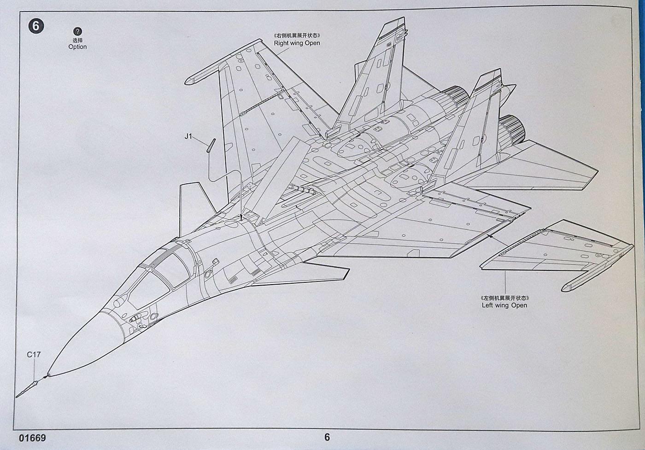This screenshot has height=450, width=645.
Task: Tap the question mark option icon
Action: (77, 31)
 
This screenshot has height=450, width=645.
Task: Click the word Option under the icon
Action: (77, 47)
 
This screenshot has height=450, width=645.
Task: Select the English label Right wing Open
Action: (297, 43)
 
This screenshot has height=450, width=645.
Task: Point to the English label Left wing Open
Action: (504, 305)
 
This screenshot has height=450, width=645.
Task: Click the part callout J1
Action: (188, 136)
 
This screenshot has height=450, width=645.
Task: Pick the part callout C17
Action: (34, 355)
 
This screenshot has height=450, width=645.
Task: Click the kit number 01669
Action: (33, 437)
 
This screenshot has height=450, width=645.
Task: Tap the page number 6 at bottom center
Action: (327, 437)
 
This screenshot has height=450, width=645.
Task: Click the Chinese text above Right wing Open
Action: (297, 35)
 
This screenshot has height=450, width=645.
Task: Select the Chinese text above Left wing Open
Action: (504, 298)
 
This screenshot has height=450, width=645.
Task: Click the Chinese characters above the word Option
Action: (77, 40)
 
